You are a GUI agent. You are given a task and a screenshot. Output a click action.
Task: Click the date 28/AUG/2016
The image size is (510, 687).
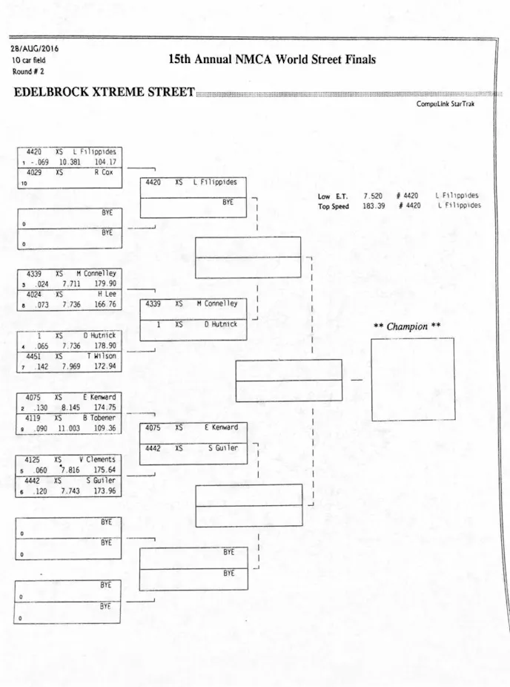coord(34,49)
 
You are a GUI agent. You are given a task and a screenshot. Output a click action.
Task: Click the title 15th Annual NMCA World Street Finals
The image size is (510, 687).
coord(272,59)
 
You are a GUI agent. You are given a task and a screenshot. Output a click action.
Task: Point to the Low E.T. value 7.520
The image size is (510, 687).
coord(373,196)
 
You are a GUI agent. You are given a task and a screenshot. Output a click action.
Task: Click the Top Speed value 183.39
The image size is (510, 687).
coord(374,206)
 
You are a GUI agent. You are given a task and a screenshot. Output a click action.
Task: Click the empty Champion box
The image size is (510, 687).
coord(412,379)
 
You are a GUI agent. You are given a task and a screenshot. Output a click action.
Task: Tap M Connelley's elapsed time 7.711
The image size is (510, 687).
coord(71,283)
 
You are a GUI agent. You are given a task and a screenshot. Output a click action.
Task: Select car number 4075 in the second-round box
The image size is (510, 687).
coord(153,427)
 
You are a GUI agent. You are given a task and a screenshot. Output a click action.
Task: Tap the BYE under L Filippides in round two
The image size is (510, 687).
coord(229,201)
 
